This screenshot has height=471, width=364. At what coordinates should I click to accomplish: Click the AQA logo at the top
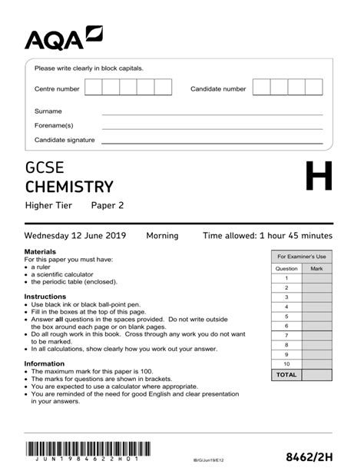click(64, 37)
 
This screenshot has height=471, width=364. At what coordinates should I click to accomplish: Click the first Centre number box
click(94, 87)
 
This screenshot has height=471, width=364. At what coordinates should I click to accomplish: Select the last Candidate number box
click(313, 87)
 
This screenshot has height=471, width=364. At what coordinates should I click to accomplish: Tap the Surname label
click(48, 111)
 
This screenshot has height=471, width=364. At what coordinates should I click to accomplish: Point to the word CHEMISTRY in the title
click(69, 187)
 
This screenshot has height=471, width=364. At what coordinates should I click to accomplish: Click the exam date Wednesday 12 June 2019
click(75, 236)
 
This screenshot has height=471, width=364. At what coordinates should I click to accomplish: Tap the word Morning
click(162, 236)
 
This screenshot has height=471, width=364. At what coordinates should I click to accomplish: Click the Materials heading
click(40, 252)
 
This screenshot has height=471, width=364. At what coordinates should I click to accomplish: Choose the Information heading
click(44, 363)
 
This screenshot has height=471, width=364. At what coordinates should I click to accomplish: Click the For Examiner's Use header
click(301, 256)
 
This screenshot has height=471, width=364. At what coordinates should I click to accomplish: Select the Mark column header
click(316, 269)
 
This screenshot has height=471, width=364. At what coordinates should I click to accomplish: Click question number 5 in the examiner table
click(286, 316)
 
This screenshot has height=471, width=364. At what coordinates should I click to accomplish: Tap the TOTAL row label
click(286, 375)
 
